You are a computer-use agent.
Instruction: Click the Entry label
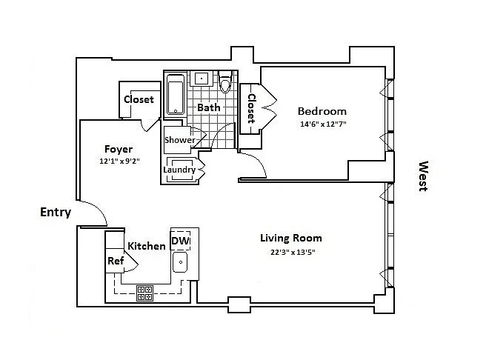[x=56, y=212]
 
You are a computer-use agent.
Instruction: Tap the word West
[x=423, y=176]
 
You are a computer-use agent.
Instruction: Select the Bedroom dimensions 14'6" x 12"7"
[x=323, y=124]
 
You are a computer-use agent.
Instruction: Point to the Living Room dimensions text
[x=293, y=252]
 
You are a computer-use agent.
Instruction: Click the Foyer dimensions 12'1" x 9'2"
[x=119, y=161]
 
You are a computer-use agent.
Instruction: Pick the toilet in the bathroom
[x=225, y=81]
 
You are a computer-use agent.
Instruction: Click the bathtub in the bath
[x=176, y=94]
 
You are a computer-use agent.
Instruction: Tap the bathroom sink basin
[x=202, y=78]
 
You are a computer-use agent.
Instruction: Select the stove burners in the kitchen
[x=145, y=293]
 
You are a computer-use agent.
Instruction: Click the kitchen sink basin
[x=180, y=261]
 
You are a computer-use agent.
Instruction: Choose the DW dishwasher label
[x=180, y=241]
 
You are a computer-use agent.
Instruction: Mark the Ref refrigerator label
[x=116, y=261]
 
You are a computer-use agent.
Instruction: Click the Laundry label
[x=179, y=170]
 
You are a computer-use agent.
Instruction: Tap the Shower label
[x=180, y=140]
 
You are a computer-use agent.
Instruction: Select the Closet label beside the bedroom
[x=251, y=108]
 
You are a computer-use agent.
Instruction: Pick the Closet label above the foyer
[x=139, y=99]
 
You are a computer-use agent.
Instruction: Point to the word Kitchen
[x=147, y=246]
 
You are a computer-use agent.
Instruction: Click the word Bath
[x=209, y=107]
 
